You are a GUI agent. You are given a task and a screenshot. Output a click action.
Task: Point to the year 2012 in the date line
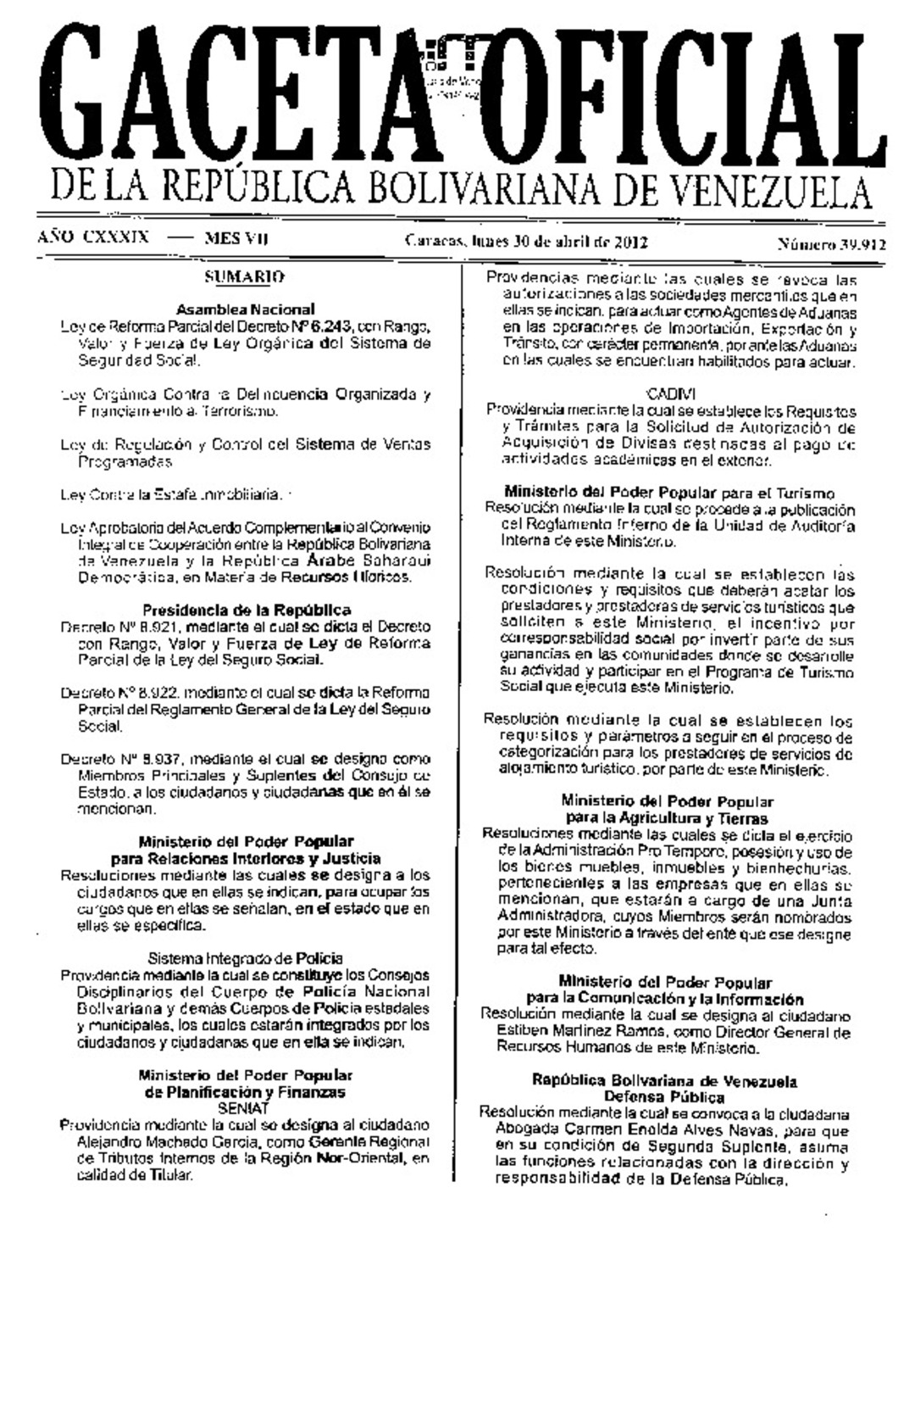632,242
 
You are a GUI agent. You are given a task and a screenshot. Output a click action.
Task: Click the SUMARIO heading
245,276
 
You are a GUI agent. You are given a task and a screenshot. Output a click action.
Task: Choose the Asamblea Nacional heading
246,309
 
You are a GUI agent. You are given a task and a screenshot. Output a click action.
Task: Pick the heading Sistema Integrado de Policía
245,958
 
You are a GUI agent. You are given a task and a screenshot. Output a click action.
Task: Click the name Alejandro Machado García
158,1142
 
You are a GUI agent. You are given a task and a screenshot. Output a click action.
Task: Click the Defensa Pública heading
664,1097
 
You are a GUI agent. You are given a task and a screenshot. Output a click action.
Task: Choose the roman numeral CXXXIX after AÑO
116,237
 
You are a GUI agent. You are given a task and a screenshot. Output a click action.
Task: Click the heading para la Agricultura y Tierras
667,818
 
